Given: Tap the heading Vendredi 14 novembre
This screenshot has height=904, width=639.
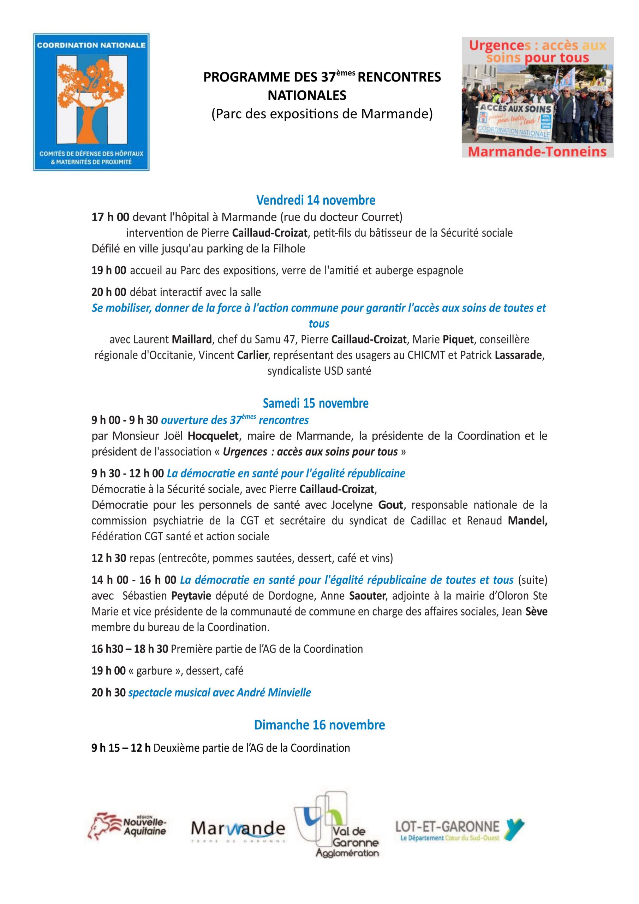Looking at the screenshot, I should [316, 201].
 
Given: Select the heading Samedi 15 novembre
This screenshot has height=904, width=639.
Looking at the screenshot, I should [316, 403].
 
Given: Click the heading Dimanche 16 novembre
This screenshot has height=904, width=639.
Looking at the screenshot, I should [319, 725].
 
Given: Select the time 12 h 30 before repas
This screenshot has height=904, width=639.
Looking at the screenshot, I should [109, 558].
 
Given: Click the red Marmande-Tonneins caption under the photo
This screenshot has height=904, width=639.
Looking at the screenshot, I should [537, 151].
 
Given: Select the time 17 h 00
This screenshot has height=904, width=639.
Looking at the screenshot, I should [110, 217].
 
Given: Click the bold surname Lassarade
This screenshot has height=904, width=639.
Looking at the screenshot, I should [519, 355].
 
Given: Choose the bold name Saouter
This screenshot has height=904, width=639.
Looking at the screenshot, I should [367, 596].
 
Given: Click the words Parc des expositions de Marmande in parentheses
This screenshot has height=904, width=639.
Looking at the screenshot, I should [322, 114].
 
